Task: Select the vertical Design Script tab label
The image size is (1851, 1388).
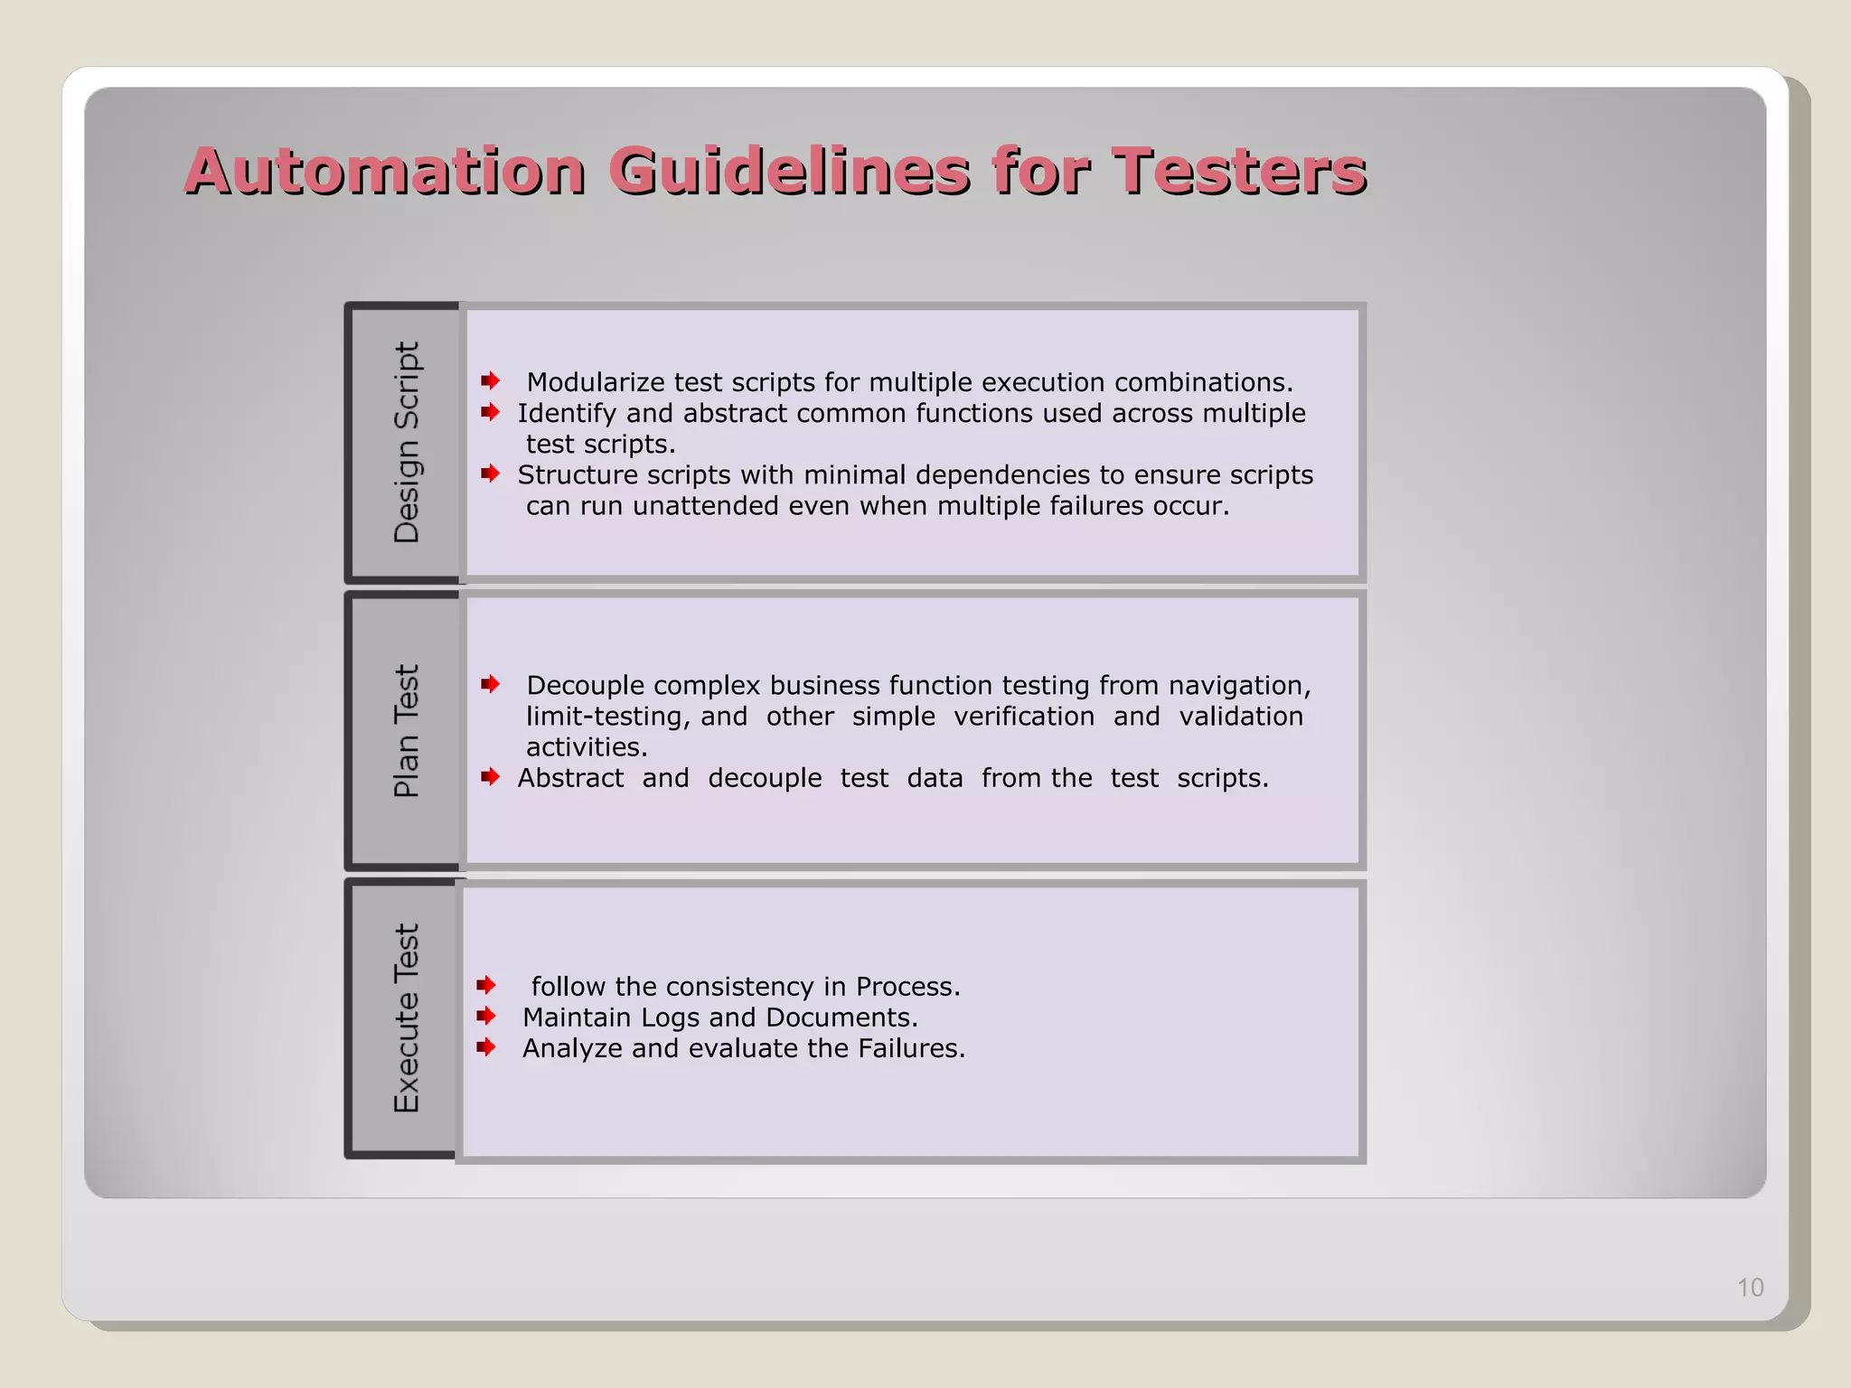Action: point(407,442)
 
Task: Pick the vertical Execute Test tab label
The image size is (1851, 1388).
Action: point(407,1018)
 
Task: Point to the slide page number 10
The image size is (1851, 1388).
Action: point(1750,1287)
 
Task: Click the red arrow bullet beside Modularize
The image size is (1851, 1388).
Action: point(490,380)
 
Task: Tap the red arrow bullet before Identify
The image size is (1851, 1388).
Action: point(490,412)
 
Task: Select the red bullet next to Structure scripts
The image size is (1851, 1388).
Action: point(490,474)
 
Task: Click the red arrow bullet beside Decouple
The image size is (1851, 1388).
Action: point(490,684)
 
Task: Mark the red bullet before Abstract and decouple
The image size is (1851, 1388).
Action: point(490,776)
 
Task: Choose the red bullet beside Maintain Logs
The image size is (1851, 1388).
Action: point(486,1016)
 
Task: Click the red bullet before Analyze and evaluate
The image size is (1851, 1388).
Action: point(486,1047)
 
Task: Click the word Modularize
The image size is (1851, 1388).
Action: point(597,382)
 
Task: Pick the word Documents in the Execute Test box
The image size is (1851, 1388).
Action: point(841,1018)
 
